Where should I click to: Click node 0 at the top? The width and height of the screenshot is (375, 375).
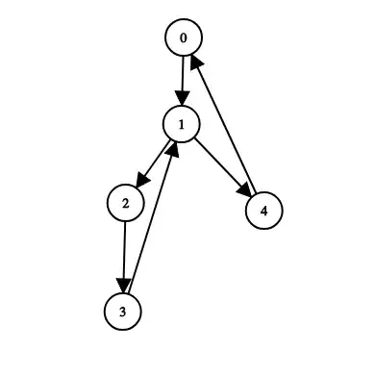coord(183,38)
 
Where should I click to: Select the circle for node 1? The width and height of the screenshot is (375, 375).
coord(181,123)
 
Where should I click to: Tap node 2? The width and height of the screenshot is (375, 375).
coord(125,203)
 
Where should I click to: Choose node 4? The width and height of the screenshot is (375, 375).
coord(264,210)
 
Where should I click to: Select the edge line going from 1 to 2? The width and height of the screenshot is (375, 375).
coord(157,158)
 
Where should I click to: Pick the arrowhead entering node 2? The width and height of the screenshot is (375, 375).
coord(140,181)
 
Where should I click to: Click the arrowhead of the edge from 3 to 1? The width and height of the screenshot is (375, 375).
coord(173,148)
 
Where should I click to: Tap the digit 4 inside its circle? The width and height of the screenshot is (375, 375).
coord(264,210)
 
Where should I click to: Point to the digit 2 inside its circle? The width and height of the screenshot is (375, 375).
coord(125,203)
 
